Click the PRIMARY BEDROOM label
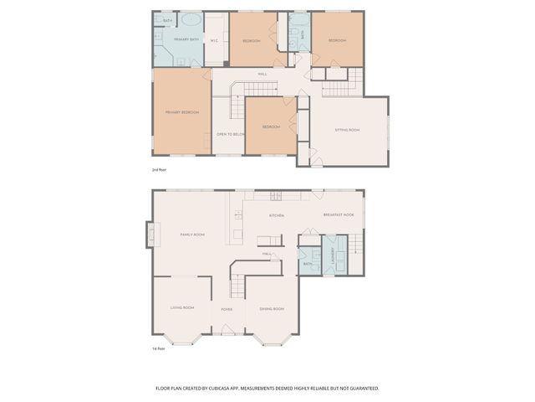point(182,111)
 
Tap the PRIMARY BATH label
point(186,39)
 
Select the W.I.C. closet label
point(215,40)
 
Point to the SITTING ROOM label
point(348,130)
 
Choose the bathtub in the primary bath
point(191,19)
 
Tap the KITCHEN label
point(277,215)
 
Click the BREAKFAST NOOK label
point(339,215)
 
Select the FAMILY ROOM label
point(192,234)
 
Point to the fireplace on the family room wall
point(150,234)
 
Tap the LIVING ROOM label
point(182,308)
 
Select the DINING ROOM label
point(272,308)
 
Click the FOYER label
point(227,309)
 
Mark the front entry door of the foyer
point(225,335)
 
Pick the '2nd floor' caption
point(159,169)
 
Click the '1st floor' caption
point(158,348)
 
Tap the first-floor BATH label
point(308,264)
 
